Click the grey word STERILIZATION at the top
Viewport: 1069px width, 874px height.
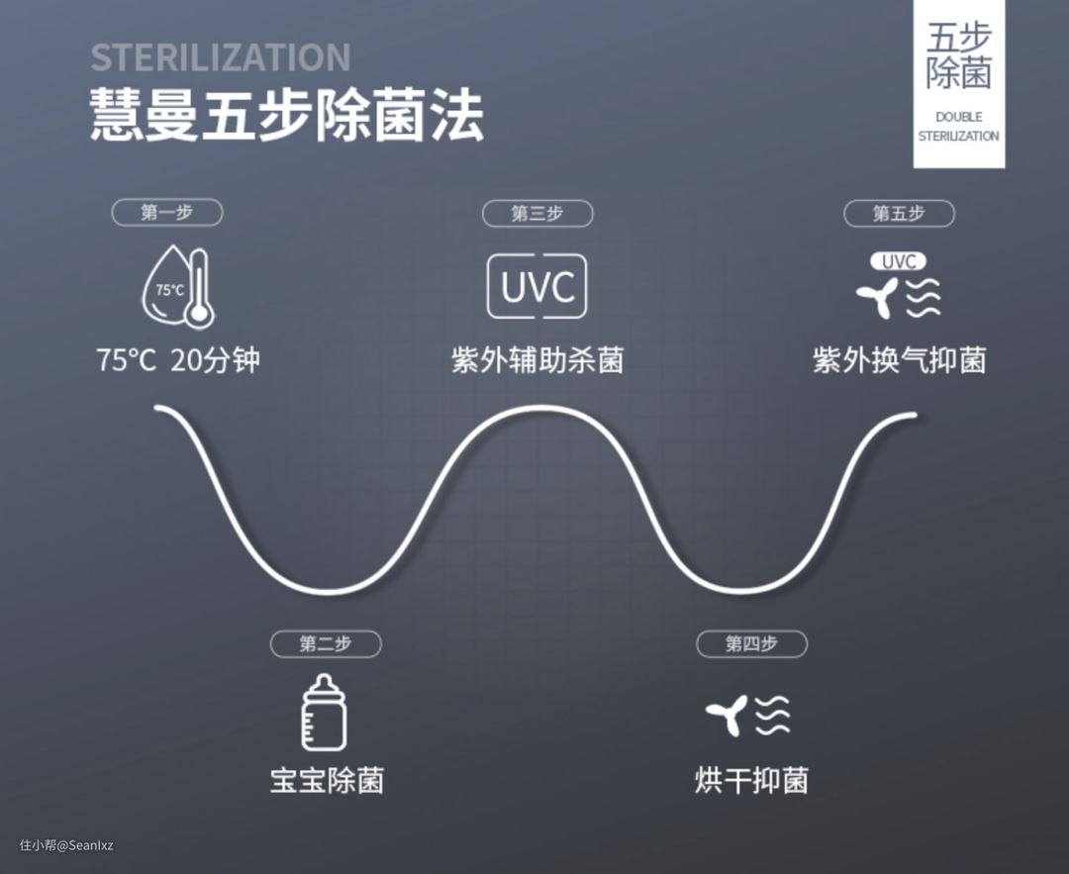coord(220,57)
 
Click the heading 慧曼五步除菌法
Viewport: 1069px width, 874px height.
coord(287,117)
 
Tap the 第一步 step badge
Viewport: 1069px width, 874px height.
coord(166,212)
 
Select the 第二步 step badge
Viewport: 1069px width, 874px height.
coord(326,643)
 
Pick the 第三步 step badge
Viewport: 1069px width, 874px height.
coord(537,213)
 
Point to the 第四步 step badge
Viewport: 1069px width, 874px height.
coord(751,643)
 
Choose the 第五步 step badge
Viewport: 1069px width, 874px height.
coord(899,213)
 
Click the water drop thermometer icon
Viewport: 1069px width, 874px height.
coord(179,288)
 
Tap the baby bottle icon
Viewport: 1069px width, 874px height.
coord(325,713)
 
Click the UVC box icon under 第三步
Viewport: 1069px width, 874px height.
coord(537,287)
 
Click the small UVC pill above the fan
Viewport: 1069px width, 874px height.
coord(898,261)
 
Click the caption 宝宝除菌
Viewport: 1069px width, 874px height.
coord(326,780)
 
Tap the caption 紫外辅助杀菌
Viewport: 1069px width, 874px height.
coord(537,360)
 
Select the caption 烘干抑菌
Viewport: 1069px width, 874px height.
coord(751,780)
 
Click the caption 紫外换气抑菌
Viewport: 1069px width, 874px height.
coord(899,360)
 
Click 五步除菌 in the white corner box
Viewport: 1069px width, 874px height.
coord(958,55)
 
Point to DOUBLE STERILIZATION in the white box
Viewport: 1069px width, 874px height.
coord(958,127)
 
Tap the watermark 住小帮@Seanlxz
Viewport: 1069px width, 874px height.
coord(66,845)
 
